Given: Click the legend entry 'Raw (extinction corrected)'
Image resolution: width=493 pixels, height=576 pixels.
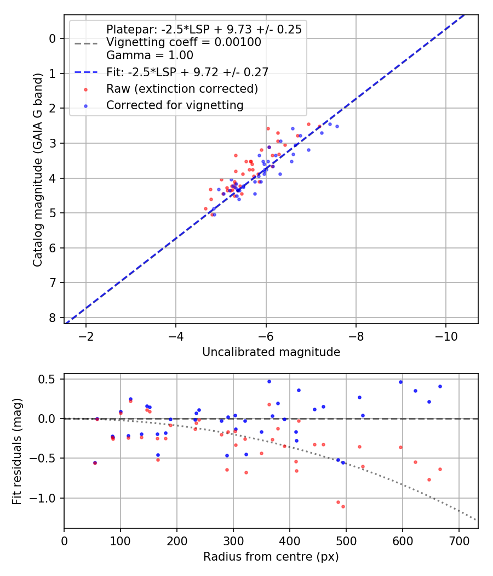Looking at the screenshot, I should pos(182,88).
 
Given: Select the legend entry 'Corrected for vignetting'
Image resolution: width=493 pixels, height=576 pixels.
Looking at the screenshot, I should pos(175,105).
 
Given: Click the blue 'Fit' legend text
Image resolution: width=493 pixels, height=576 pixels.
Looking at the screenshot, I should pos(187,72).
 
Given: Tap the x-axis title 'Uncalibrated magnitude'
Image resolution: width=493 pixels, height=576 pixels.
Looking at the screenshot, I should pos(271,352).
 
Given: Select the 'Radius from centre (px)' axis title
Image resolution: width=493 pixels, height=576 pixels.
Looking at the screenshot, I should pos(271,557).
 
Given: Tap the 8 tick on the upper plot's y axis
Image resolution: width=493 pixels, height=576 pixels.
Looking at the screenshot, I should pos(53,318).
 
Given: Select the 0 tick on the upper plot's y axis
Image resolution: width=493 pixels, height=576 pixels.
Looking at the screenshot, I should pos(53,38).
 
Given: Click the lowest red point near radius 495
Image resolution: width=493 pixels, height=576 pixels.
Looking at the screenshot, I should pos(343,506).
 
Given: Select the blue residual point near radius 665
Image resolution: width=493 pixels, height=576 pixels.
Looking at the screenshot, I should pos(440,386).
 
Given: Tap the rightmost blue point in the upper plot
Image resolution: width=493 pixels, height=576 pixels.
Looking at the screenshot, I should pos(337,126).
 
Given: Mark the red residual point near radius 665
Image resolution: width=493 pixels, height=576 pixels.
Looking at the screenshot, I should pos(440,469).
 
